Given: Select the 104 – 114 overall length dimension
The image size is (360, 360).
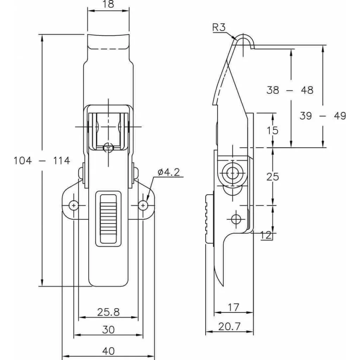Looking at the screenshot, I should coord(42,161).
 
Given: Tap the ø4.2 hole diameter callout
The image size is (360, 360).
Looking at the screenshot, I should coord(169,172).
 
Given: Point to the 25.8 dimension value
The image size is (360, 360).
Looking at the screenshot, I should coord(108,311).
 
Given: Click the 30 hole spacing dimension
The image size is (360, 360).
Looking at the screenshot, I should coord(108,329).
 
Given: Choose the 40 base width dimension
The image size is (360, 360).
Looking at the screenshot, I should coord(108,351).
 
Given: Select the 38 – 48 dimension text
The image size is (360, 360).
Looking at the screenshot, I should coord(290,90).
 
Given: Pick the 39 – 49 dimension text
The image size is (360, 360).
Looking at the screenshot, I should coord(323,116).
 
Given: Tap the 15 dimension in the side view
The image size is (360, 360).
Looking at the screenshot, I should coord(272,130).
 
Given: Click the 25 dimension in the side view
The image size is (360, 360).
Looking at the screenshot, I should coord(272,176).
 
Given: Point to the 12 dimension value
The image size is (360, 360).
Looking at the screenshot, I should coord(267,236).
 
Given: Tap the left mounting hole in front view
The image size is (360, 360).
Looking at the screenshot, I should coord(73,205).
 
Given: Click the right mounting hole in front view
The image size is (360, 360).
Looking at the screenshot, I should coord(143,205).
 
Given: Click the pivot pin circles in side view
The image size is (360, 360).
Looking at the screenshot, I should coord(231,173).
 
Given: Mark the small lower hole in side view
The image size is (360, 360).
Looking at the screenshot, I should coord(236,218).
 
